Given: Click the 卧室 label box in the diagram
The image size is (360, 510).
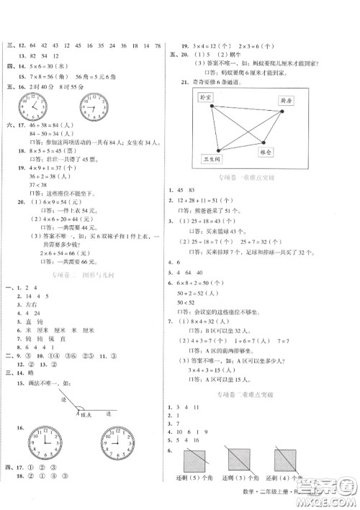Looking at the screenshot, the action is coord(208,96).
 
